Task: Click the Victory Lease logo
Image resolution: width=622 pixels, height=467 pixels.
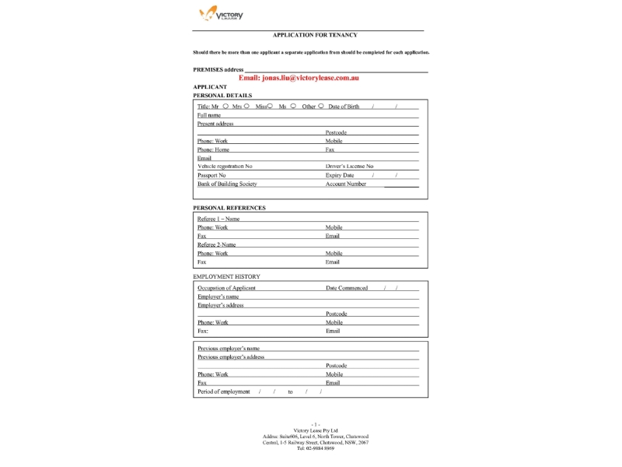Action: tap(222, 15)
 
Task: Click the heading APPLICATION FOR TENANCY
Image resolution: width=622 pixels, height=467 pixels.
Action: tap(315, 35)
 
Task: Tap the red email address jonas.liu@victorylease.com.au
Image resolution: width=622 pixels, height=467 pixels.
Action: tap(299, 79)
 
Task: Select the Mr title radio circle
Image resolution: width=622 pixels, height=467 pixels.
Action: tap(225, 106)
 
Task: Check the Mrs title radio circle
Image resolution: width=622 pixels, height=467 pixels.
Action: tap(246, 106)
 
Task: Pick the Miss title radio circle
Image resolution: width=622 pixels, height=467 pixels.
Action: tap(270, 106)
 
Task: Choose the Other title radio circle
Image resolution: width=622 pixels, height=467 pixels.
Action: tap(321, 106)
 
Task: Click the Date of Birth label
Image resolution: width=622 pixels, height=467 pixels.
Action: tap(344, 107)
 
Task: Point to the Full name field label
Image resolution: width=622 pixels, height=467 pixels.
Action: tap(209, 115)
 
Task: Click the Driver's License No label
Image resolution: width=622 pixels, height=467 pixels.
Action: tap(349, 167)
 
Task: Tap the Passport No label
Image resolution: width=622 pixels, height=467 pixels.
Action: tap(211, 175)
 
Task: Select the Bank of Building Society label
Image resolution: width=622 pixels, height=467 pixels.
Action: tap(227, 184)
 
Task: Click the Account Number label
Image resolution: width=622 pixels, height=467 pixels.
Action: tap(345, 184)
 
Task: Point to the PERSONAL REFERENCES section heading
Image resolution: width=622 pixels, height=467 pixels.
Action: tap(229, 208)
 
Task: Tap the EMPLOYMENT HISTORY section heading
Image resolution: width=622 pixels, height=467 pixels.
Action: tap(226, 276)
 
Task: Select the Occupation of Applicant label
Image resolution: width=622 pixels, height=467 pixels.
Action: tap(226, 288)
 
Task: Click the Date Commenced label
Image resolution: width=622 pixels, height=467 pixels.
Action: tap(347, 288)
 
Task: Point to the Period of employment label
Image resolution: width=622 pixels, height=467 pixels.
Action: tap(224, 392)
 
